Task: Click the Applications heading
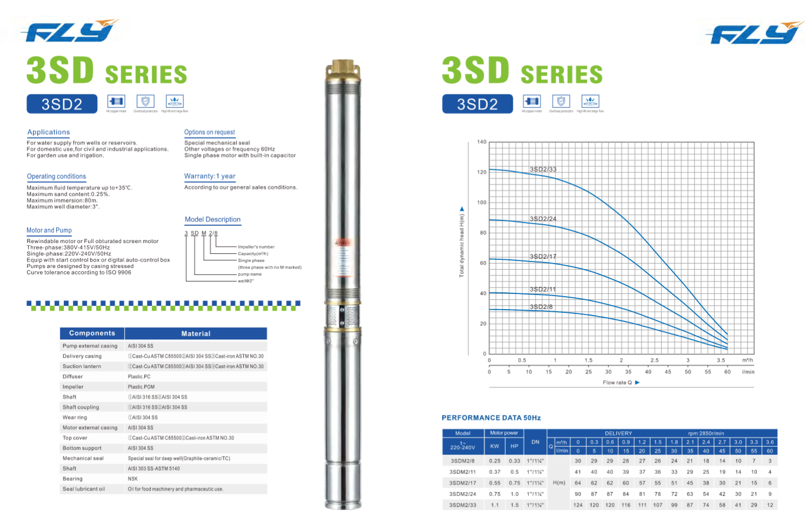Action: pos(49,132)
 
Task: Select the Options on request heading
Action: pos(210,132)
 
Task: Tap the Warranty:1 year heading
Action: pos(210,176)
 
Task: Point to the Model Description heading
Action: pos(212,219)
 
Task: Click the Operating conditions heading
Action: pos(56,176)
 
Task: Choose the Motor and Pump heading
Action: pos(49,230)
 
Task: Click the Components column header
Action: pos(92,333)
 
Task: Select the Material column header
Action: pos(196,334)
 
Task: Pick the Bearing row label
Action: pos(72,479)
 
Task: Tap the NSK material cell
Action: pos(133,479)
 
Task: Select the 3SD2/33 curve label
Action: pos(543,169)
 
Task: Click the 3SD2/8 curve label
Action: pos(541,307)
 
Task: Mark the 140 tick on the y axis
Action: pos(481,142)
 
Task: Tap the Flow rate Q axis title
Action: pos(617,383)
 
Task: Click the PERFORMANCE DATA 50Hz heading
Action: pos(491,418)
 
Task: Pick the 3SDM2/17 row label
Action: pos(462,483)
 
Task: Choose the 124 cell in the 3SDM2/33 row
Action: pos(578,505)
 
